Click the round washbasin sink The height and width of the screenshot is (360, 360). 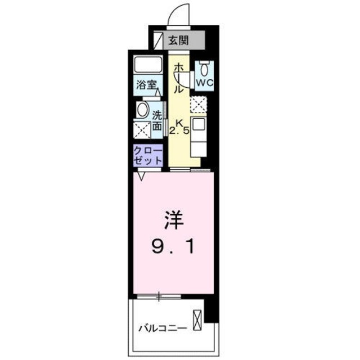coord(143,109)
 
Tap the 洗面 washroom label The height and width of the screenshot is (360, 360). coord(157,119)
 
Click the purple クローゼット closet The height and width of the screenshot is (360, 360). coord(148,155)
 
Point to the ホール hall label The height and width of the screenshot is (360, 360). coord(178,78)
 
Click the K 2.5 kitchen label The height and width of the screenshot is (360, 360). coord(179,128)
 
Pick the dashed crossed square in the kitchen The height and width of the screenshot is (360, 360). coord(199,104)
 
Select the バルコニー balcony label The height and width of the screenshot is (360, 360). coord(163,328)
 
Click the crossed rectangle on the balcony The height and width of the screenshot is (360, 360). coord(197,319)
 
